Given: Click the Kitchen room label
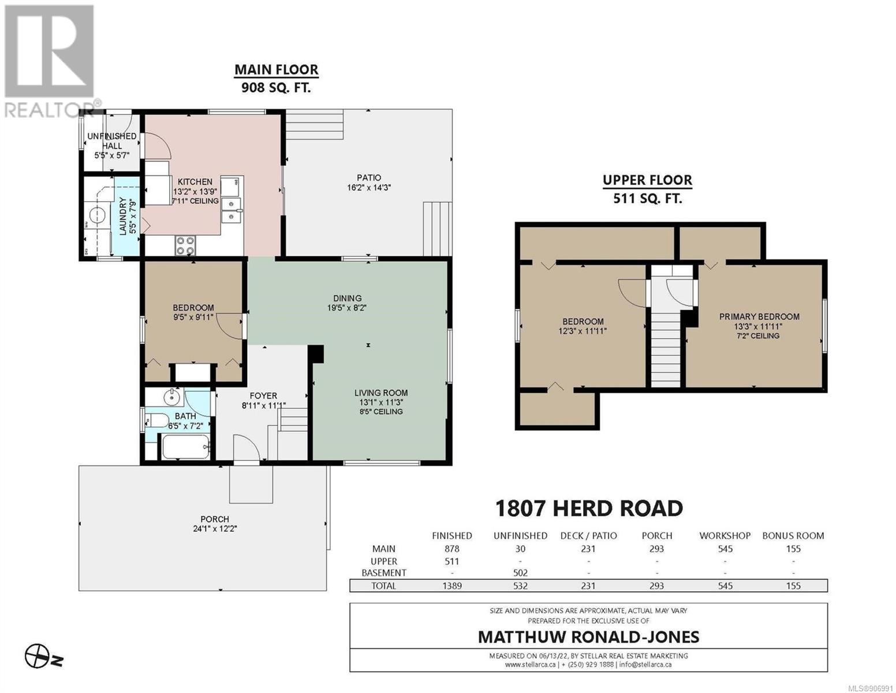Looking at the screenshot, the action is coord(195,181).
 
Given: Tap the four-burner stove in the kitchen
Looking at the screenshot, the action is coord(185,245).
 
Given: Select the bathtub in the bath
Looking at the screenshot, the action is coord(185,447).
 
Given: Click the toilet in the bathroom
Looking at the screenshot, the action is coord(156,420).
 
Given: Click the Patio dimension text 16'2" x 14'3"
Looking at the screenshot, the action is coord(368,188).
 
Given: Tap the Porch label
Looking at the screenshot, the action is coord(214,519).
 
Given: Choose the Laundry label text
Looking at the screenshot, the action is coord(122,216).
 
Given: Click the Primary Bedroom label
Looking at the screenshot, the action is coord(759,316).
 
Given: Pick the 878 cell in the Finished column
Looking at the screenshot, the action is coord(452,549).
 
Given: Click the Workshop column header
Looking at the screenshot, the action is coord(725,535).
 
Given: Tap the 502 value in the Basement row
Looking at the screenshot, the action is coord(520,573).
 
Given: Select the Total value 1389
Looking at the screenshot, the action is coord(452,586).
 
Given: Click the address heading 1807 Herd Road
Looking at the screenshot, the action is coord(589,508).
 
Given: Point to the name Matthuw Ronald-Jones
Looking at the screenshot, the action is coord(588,637).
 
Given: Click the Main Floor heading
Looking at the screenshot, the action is coord(277,70).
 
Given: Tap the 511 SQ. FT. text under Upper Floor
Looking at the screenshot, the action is coord(647,199).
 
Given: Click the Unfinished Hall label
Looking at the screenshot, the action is coord(112,140).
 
